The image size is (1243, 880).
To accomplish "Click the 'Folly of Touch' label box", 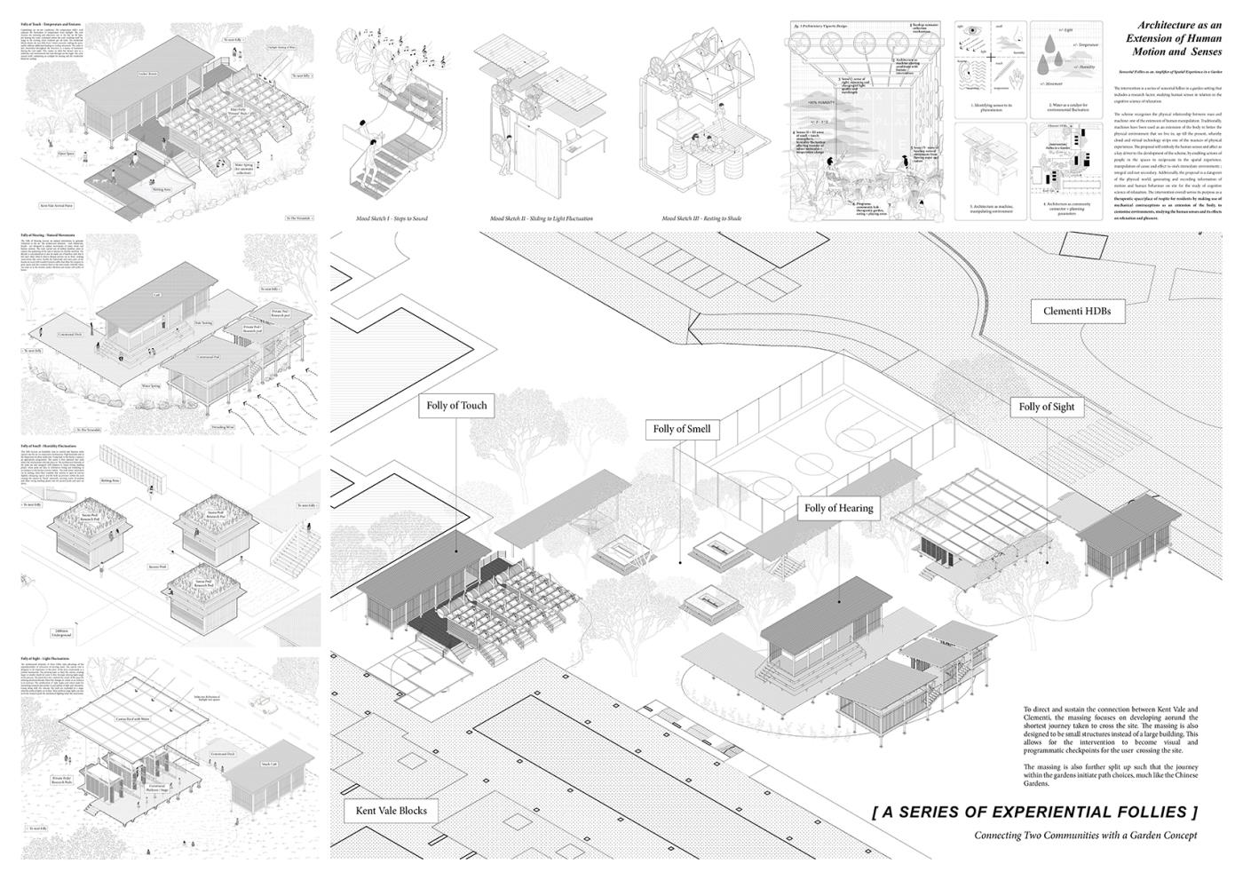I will (456, 406).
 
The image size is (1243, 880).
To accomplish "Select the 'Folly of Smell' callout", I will (682, 429).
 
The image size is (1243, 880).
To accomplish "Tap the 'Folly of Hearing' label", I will (839, 509).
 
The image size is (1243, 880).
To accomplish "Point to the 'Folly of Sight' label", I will (1046, 407).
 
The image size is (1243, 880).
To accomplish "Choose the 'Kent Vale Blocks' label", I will (391, 810).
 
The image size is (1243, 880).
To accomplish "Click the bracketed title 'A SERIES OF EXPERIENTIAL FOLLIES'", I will (1035, 812).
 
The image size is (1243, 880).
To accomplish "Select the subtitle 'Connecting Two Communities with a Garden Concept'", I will (1085, 836).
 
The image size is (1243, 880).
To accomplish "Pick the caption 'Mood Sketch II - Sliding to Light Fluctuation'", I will (540, 218).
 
